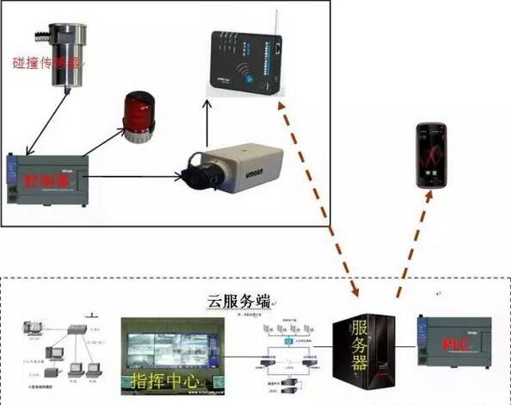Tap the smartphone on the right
click(433, 155)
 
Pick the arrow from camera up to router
click(206, 121)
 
